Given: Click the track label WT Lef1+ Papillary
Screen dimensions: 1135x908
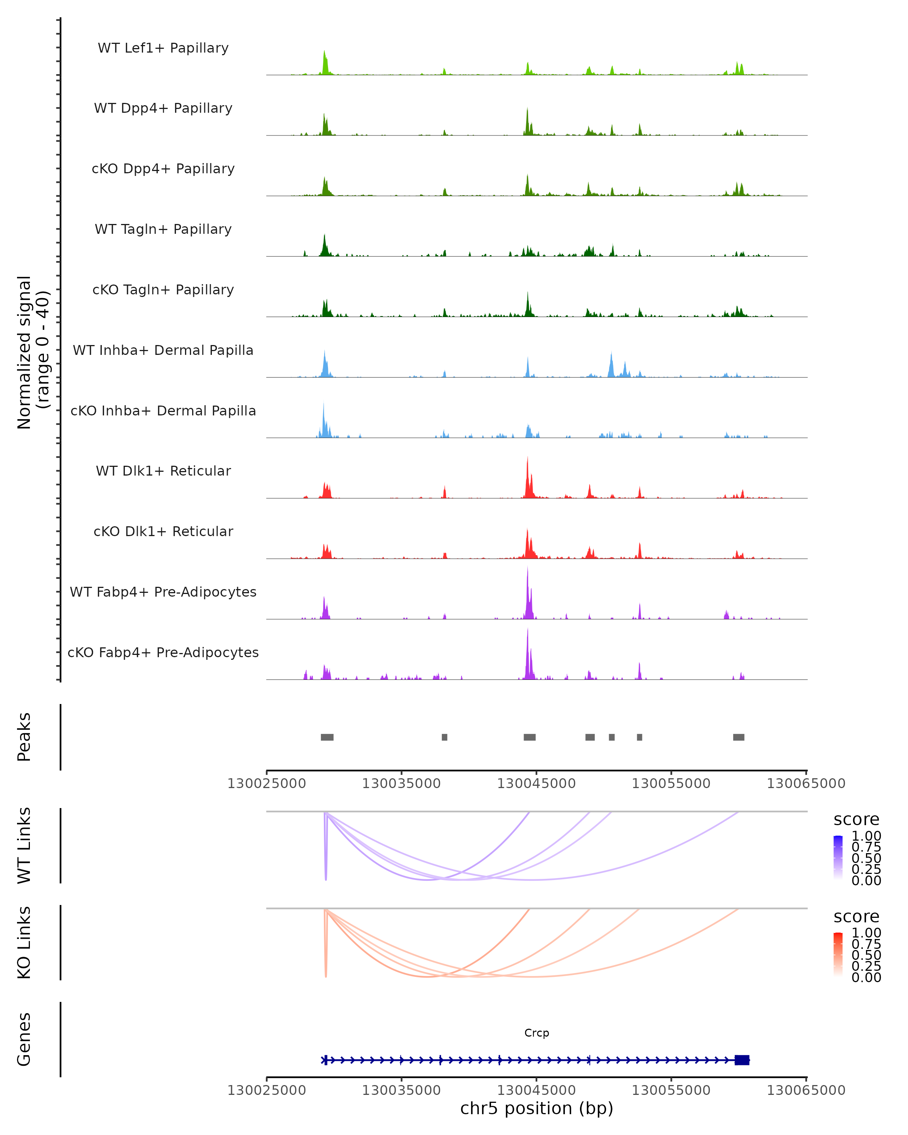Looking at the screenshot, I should click(x=163, y=48).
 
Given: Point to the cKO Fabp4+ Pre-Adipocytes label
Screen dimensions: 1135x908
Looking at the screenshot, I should click(x=163, y=652).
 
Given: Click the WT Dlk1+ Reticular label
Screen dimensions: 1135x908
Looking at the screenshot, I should click(x=163, y=471).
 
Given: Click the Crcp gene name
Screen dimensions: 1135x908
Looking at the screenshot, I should click(x=536, y=1033).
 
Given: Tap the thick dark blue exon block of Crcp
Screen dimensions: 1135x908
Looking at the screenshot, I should click(x=742, y=1060).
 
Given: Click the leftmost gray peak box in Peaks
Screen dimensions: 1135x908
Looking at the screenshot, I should click(x=327, y=737).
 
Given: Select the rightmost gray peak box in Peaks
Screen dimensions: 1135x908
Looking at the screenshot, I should click(x=739, y=737).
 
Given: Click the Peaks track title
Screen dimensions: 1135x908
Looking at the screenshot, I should click(x=24, y=737).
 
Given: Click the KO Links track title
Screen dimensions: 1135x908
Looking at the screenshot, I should click(x=24, y=942).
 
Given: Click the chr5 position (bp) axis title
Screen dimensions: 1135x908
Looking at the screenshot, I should click(x=536, y=1108).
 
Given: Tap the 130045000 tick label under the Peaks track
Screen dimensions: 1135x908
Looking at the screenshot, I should click(x=536, y=784).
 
